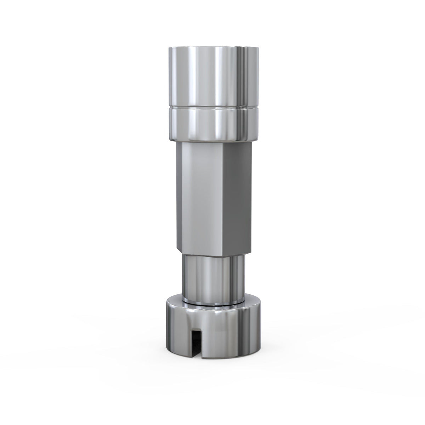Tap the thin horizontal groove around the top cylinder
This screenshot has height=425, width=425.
(x=212, y=106)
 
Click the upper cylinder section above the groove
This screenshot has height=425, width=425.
(x=212, y=76)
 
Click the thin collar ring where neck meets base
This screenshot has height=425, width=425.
(x=212, y=303)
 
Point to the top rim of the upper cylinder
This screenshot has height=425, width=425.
(x=212, y=47)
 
